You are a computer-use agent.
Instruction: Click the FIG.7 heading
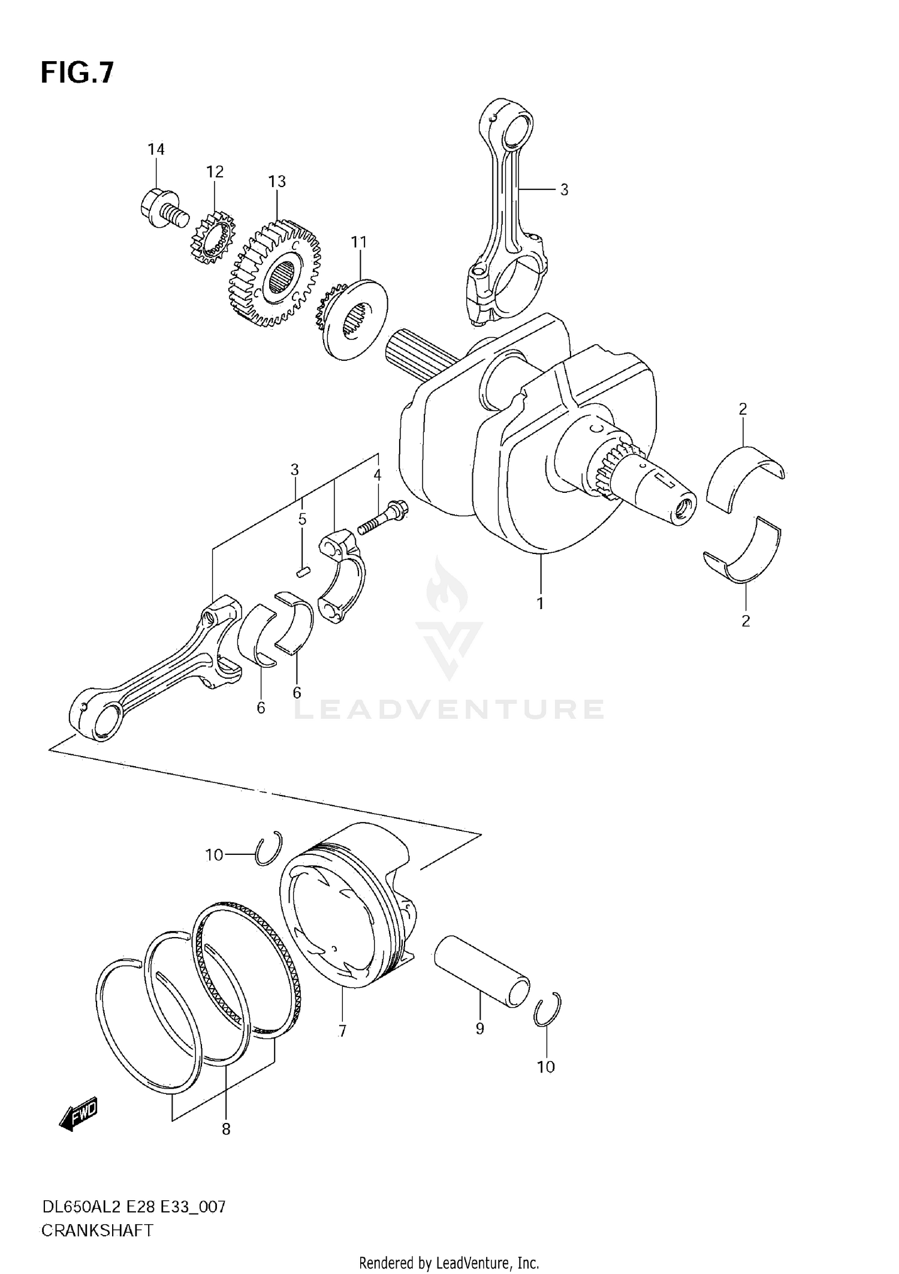[77, 73]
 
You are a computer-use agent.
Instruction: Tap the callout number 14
[156, 149]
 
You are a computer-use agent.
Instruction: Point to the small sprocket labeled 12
[212, 237]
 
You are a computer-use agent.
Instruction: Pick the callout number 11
[358, 242]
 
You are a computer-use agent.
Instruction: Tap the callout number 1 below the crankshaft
[540, 604]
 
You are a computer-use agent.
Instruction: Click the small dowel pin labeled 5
[303, 571]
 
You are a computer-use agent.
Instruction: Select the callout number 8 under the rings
[226, 1130]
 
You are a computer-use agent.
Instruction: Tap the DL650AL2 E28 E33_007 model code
[134, 1207]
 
